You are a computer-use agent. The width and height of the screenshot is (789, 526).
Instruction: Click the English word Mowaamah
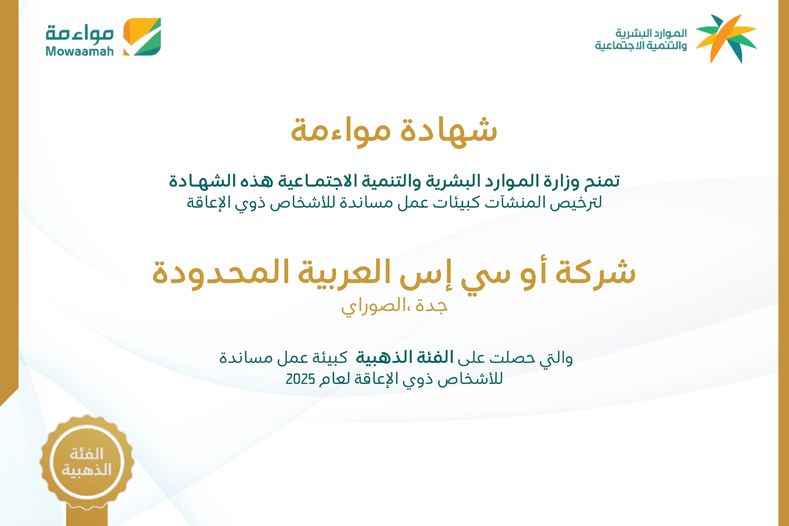80,51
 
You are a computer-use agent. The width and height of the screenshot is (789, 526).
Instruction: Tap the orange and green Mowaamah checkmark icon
142,37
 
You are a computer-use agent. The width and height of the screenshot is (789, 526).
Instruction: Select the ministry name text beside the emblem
641,39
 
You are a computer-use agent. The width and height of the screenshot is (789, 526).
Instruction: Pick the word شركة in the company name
595,272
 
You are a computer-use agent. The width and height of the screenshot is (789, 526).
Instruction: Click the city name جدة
431,306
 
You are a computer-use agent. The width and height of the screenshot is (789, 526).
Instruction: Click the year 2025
300,379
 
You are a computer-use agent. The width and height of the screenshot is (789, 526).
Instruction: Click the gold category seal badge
87,462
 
